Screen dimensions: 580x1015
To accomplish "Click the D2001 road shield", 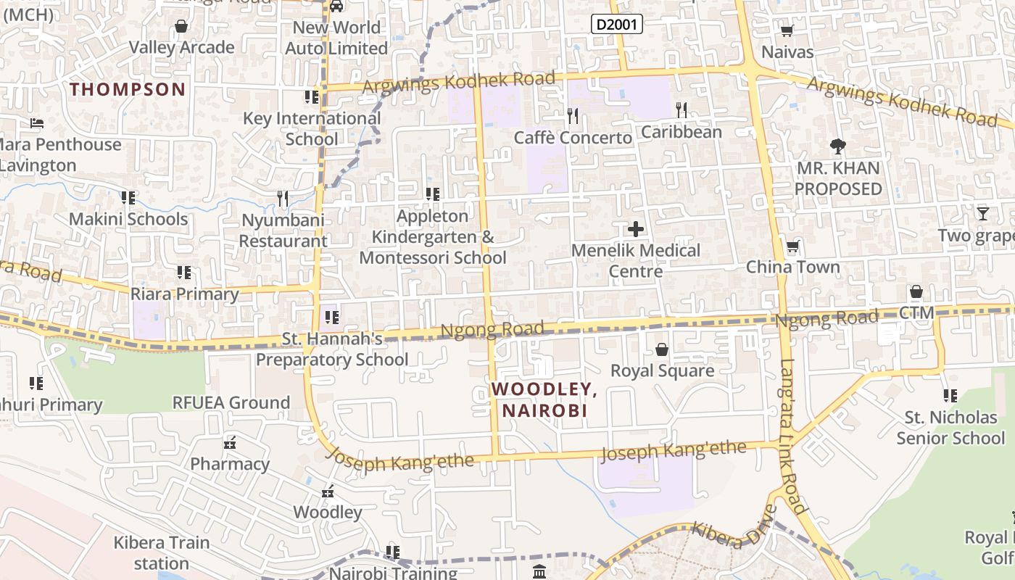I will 617,25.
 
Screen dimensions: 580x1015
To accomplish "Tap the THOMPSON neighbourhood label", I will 128,89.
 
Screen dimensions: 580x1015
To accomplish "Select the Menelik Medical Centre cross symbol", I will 636,230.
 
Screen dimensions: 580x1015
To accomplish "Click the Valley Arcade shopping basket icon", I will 181,27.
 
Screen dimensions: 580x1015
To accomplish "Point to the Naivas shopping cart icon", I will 787,31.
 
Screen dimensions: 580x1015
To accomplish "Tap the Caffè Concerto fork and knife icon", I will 573,115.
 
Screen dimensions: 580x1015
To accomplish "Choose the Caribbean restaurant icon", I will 681,109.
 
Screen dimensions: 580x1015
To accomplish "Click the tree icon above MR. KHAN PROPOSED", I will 838,146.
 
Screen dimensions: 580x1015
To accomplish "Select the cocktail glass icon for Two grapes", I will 982,213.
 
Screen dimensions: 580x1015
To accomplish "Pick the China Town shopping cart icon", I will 792,246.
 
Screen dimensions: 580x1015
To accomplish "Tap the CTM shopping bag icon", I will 916,292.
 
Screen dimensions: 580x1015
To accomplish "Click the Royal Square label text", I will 662,370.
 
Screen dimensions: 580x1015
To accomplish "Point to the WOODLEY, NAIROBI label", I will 544,399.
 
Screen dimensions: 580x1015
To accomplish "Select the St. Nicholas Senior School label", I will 950,428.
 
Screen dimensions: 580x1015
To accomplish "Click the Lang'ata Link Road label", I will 792,435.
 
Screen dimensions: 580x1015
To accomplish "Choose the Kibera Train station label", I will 162,552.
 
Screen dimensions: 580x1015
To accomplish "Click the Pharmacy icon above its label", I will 230,442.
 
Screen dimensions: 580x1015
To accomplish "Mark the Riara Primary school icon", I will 184,273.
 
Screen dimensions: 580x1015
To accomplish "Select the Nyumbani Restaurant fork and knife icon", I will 283,198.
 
